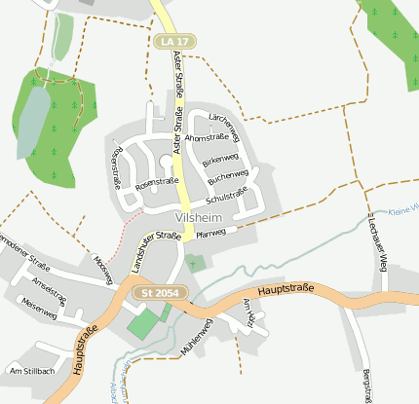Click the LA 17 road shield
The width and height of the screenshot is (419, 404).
pos(171,42)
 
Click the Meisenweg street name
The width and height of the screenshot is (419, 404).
pos(38,305)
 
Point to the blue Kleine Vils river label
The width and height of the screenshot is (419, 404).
pos(401,210)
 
